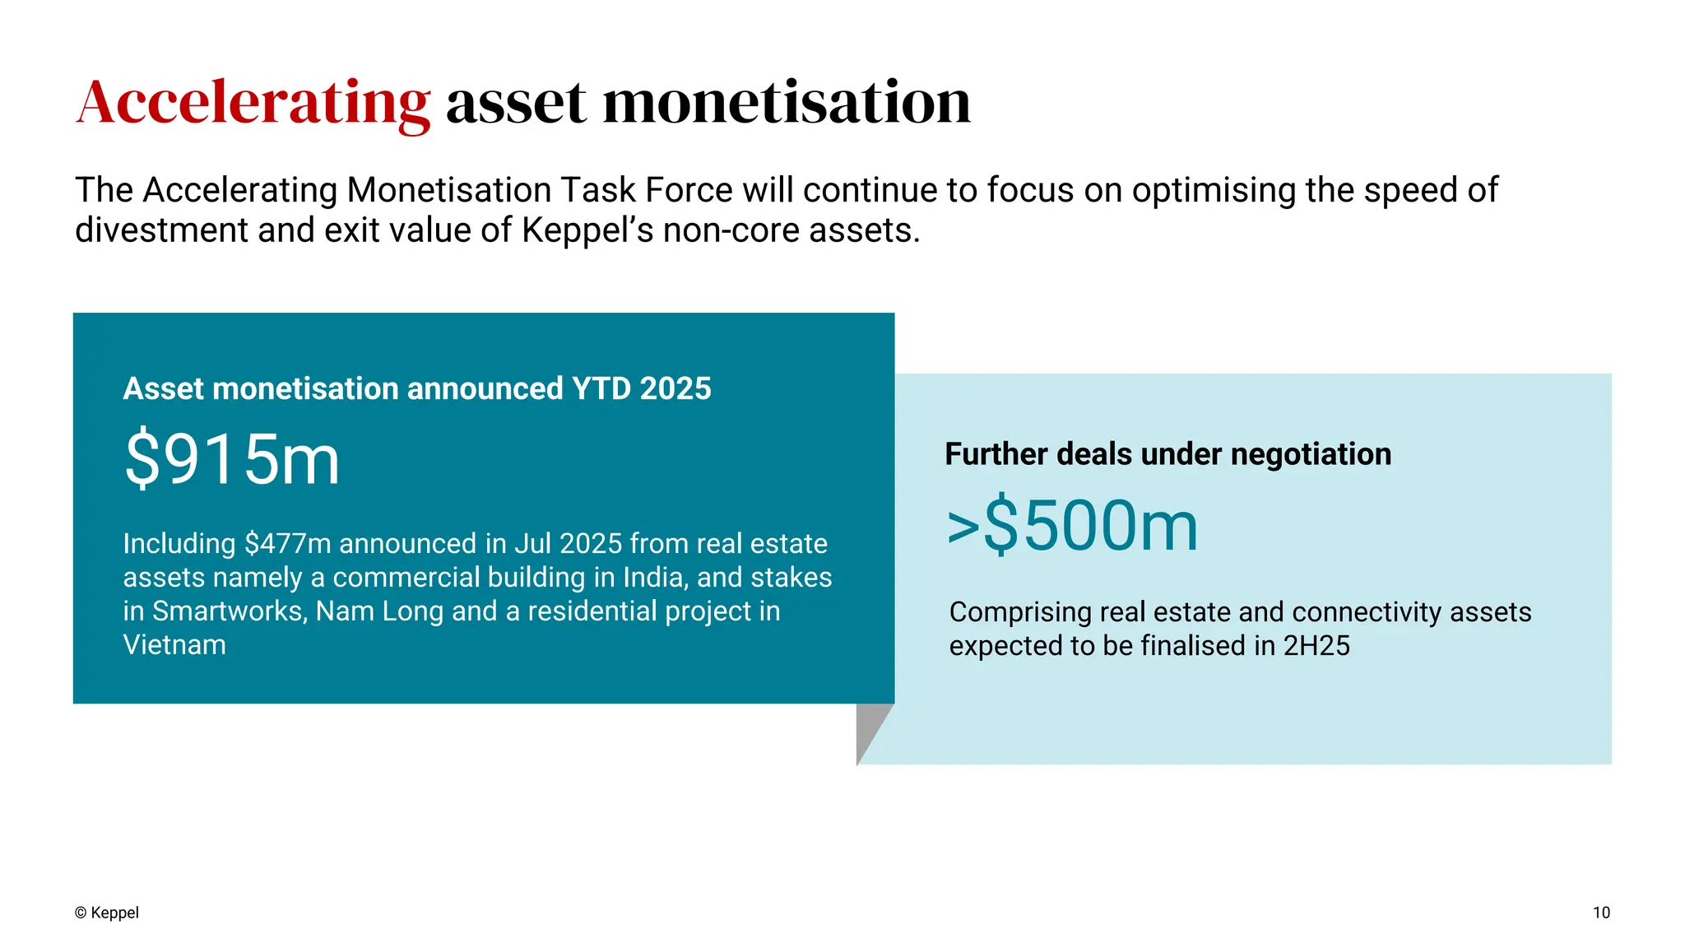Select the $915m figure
(x=232, y=459)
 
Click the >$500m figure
(x=1073, y=526)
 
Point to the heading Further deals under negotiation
(x=1167, y=454)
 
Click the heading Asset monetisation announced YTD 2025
(x=417, y=388)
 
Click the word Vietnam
(x=174, y=645)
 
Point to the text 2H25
(x=1316, y=646)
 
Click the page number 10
(x=1601, y=913)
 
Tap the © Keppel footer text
(x=107, y=913)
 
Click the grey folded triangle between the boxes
(x=870, y=727)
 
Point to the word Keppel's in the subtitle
(x=587, y=230)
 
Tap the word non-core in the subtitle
(x=731, y=230)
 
